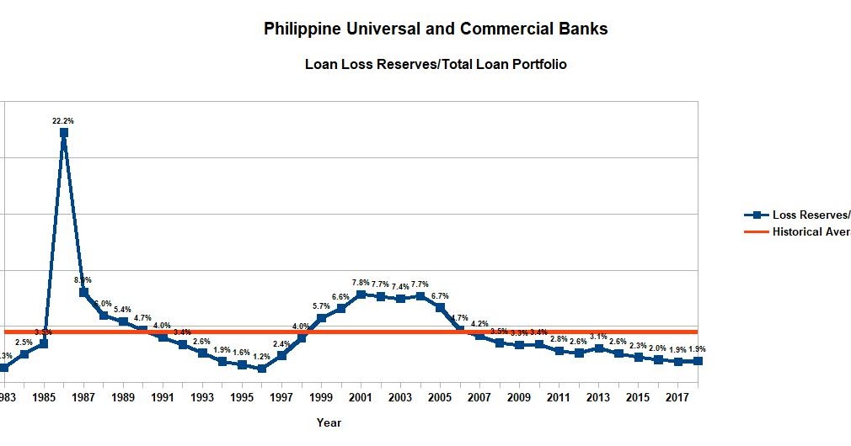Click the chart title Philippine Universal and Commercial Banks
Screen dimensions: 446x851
[436, 29]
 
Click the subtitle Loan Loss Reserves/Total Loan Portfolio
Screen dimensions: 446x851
[436, 64]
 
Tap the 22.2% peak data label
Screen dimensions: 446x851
[63, 121]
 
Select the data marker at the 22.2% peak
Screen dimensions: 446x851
[64, 133]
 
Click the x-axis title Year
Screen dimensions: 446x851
[329, 422]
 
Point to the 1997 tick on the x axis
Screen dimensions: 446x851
[281, 396]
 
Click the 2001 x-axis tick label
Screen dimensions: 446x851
[361, 396]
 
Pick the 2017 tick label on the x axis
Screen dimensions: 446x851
[677, 396]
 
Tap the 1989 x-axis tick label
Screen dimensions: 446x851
[123, 396]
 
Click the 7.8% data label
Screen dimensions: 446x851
[361, 283]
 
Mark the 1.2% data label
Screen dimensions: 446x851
[262, 357]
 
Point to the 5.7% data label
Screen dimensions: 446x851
[321, 306]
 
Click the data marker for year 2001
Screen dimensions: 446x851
[361, 295]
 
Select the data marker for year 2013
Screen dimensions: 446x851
[598, 348]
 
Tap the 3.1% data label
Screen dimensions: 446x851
[598, 337]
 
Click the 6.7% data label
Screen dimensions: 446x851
[440, 296]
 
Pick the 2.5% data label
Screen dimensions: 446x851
[24, 342]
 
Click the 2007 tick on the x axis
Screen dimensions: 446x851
[479, 396]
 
